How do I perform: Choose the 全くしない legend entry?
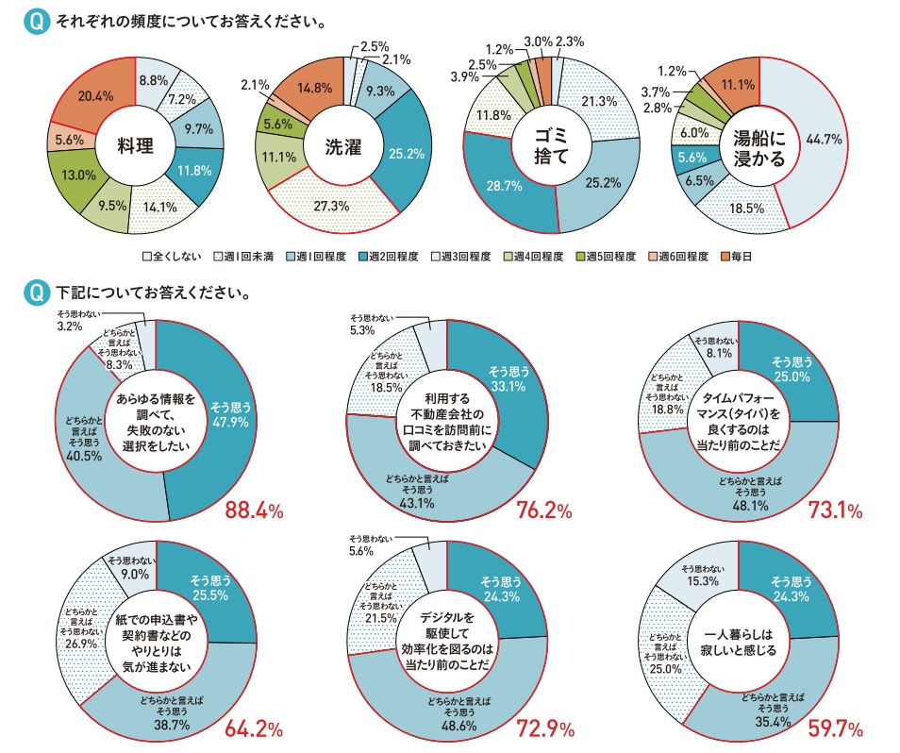pyautogui.click(x=175, y=256)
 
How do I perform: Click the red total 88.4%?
pyautogui.click(x=254, y=511)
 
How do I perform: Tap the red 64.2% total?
pyautogui.click(x=254, y=728)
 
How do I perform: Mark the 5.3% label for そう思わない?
pyautogui.click(x=362, y=330)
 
